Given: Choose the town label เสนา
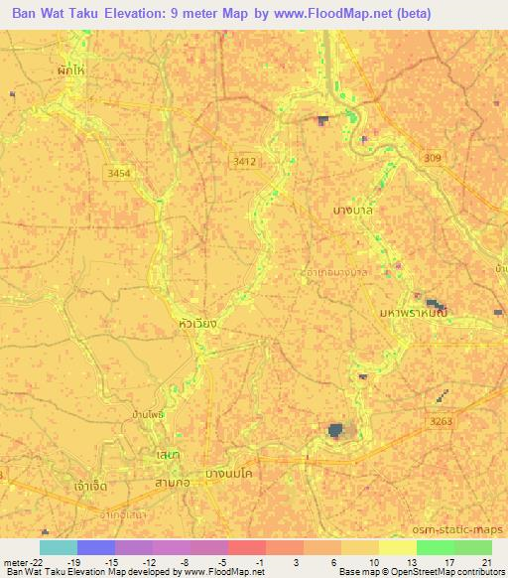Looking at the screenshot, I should coord(167,454).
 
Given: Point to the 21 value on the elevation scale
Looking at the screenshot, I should coord(486,561).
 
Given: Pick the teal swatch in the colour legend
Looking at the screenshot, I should coord(59,546).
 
